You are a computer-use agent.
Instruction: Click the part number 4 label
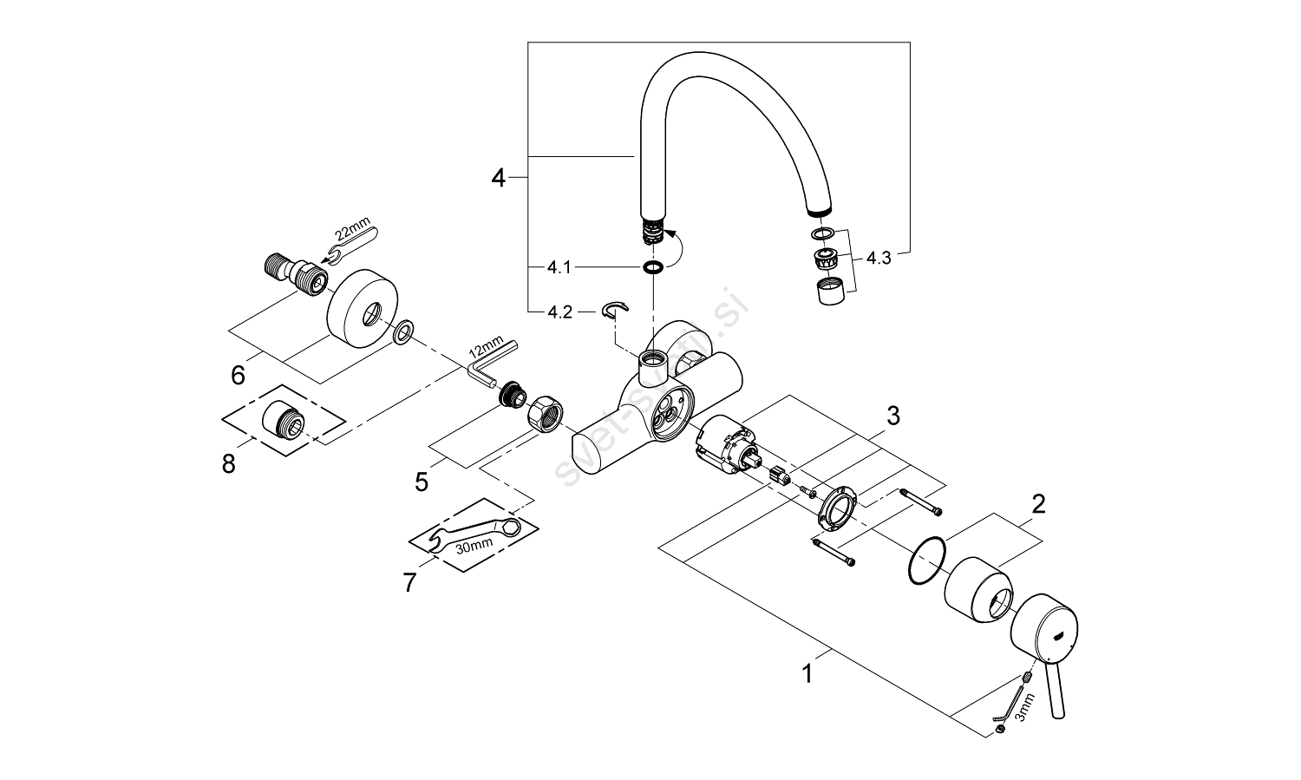[x=497, y=178]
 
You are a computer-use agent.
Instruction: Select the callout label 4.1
[x=559, y=267]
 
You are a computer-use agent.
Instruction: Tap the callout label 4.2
[x=559, y=312]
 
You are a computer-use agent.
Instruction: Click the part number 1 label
[x=807, y=673]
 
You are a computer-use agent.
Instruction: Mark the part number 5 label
[x=422, y=482]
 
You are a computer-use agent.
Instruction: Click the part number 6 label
[x=238, y=375]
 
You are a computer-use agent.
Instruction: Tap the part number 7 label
[x=409, y=582]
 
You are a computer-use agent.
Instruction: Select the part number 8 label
[x=229, y=464]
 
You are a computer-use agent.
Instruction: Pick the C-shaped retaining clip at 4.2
[x=615, y=310]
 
